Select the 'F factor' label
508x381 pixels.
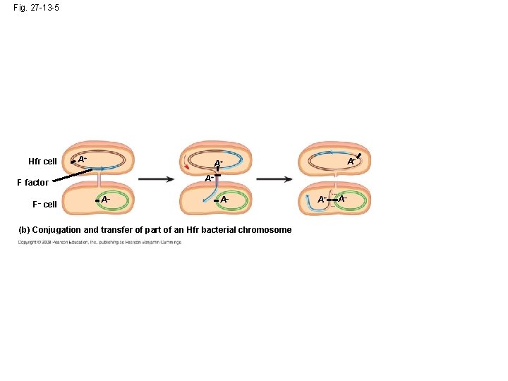click(x=32, y=183)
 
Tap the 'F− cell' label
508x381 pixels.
click(x=44, y=205)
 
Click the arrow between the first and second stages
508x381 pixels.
click(x=155, y=179)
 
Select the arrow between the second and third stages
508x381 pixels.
click(x=274, y=179)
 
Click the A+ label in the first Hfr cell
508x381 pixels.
click(x=83, y=159)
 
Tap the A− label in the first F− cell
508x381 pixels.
click(x=105, y=200)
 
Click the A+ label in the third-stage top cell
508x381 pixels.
click(x=351, y=162)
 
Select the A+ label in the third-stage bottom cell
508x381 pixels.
click(x=322, y=200)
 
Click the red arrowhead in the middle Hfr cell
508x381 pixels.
click(x=186, y=167)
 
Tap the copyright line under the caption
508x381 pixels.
click(x=99, y=242)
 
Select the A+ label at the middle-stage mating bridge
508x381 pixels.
click(x=210, y=179)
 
